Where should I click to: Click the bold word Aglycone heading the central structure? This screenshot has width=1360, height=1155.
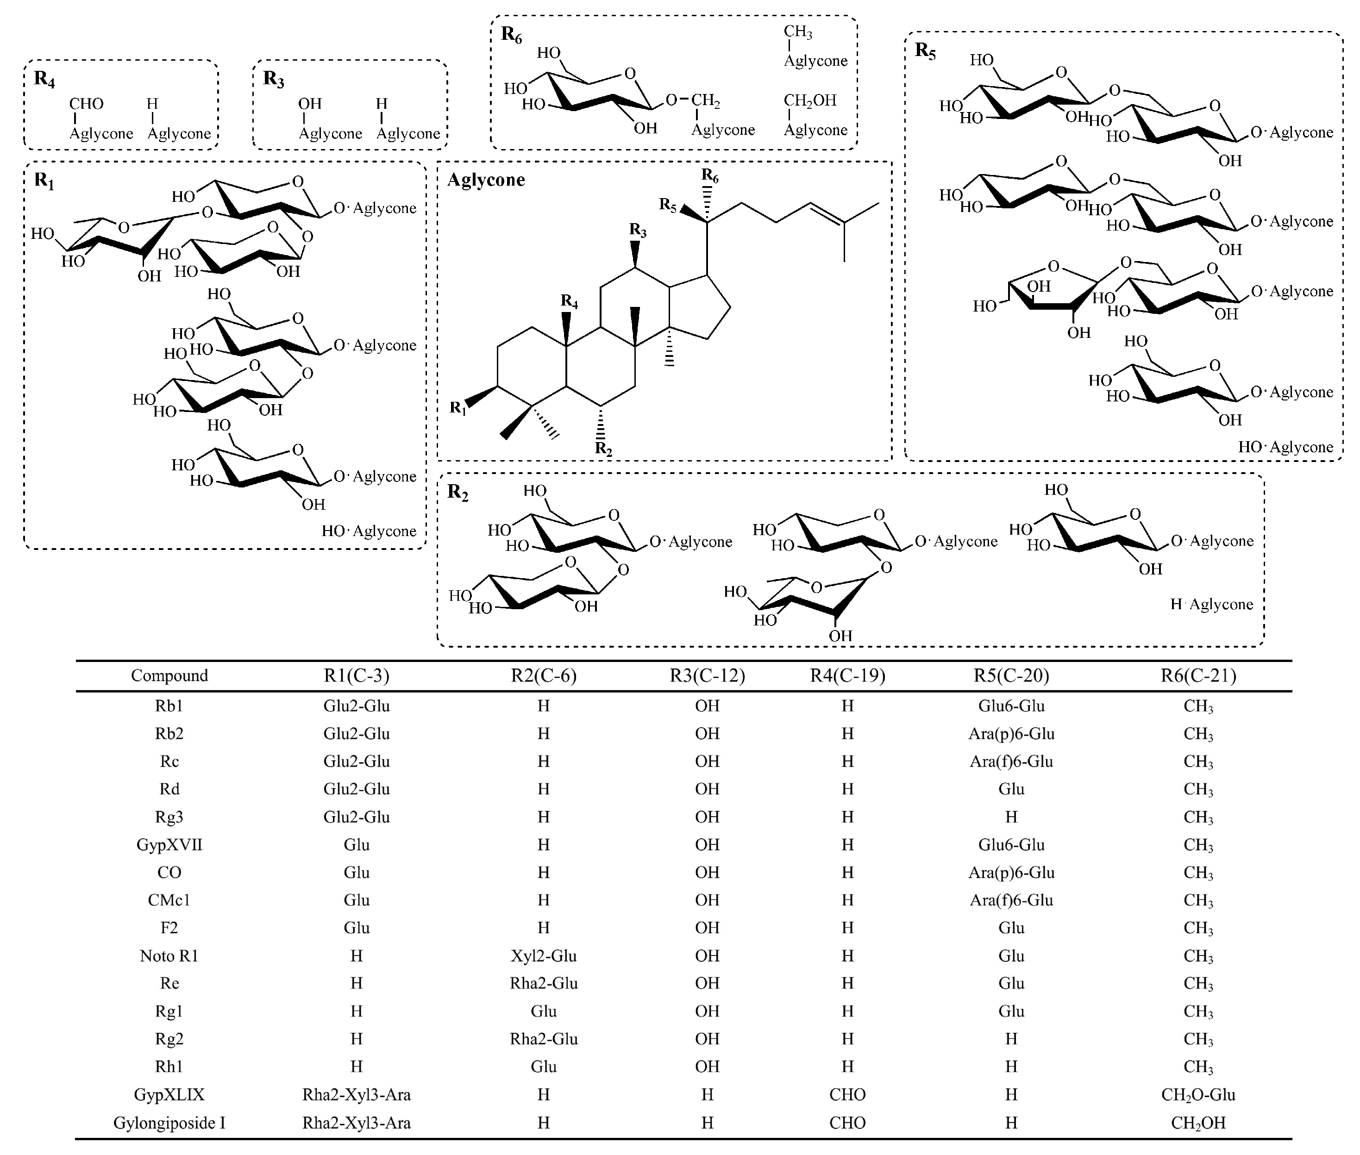pos(486,180)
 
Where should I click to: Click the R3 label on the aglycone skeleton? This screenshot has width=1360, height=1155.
pos(637,231)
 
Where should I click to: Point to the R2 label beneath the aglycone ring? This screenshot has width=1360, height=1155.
pos(603,449)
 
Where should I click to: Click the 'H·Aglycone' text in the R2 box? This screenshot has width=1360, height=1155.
pos(1211,604)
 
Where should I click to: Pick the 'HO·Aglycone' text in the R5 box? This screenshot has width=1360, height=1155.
pos(1285,447)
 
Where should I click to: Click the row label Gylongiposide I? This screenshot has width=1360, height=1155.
pos(169,1124)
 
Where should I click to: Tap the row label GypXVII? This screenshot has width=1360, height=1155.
pos(169,845)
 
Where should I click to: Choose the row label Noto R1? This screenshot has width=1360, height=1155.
pos(169,956)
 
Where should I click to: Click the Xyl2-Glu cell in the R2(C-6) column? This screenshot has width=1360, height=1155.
pos(544,956)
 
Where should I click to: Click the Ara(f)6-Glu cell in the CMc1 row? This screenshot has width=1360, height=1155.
pos(1011,900)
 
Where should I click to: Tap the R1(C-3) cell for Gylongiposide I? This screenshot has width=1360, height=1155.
pos(356,1124)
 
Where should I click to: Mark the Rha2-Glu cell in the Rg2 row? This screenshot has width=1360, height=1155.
pos(544,1039)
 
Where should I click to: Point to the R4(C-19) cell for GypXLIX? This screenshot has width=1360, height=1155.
pos(847,1095)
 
